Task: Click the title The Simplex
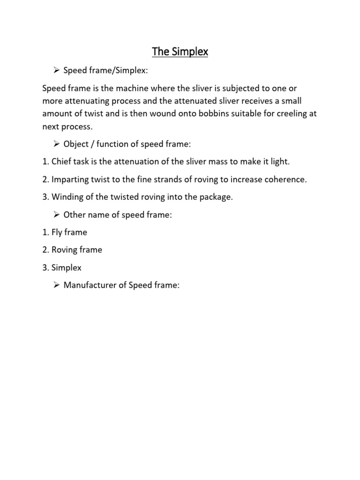pyautogui.click(x=180, y=52)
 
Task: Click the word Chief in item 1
pyautogui.click(x=61, y=162)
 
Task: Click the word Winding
pyautogui.click(x=67, y=197)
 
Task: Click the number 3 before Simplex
pyautogui.click(x=45, y=268)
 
